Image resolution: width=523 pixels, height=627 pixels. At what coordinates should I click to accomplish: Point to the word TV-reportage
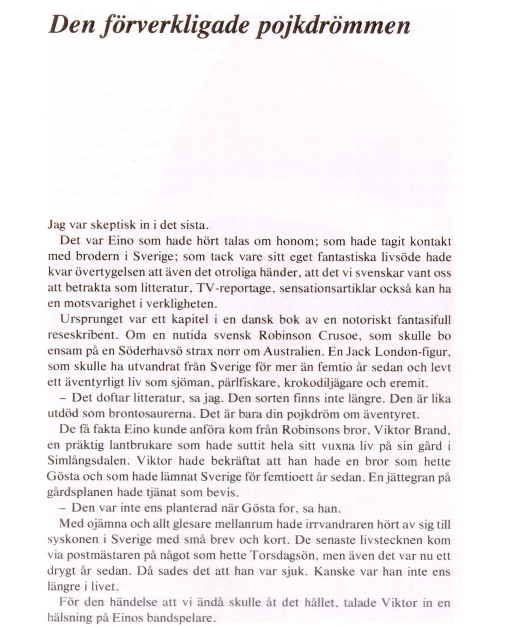click(x=236, y=289)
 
